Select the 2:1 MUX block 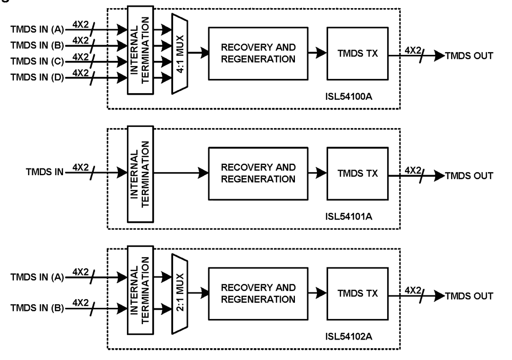coord(179,294)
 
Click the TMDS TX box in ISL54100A coord(357,53)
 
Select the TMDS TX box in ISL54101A coord(357,173)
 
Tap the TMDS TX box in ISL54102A coord(357,293)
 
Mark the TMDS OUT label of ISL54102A coord(469,296)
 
